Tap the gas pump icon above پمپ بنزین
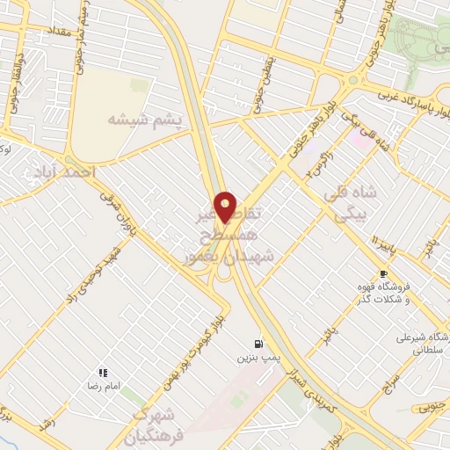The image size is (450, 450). click(258, 344)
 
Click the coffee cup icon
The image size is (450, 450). click(383, 273)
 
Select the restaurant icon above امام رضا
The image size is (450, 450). click(103, 373)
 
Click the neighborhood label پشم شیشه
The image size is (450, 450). click(145, 117)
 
